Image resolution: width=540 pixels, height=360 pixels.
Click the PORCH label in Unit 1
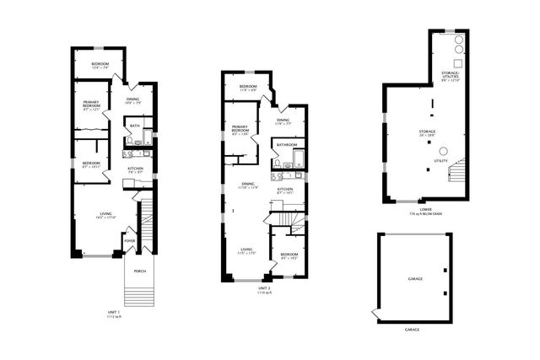tap(138, 271)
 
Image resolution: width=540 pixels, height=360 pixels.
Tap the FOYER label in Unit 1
tap(130, 241)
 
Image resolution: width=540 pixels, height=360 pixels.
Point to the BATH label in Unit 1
tap(135, 126)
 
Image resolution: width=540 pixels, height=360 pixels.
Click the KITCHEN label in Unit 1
tap(135, 169)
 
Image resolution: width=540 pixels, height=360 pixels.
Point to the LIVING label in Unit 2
tap(246, 250)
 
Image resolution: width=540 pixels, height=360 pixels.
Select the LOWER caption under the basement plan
tap(425, 208)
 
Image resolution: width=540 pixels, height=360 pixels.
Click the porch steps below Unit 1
tap(139, 294)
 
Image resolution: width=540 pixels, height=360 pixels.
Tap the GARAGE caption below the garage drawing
tap(412, 330)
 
